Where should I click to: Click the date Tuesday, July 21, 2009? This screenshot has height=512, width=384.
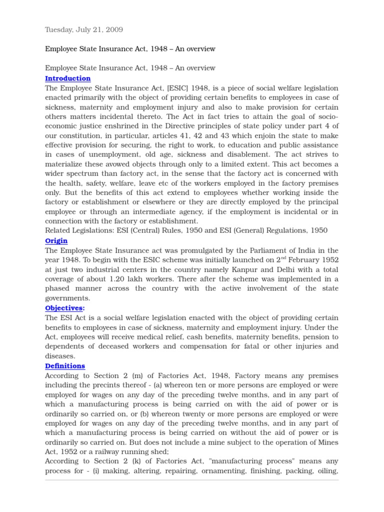point(84,30)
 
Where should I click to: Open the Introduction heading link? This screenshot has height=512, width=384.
point(68,78)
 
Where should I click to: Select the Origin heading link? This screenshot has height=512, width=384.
point(56,240)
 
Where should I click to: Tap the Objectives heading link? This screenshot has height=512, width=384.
point(63,308)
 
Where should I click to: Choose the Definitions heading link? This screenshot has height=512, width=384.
point(65,366)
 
